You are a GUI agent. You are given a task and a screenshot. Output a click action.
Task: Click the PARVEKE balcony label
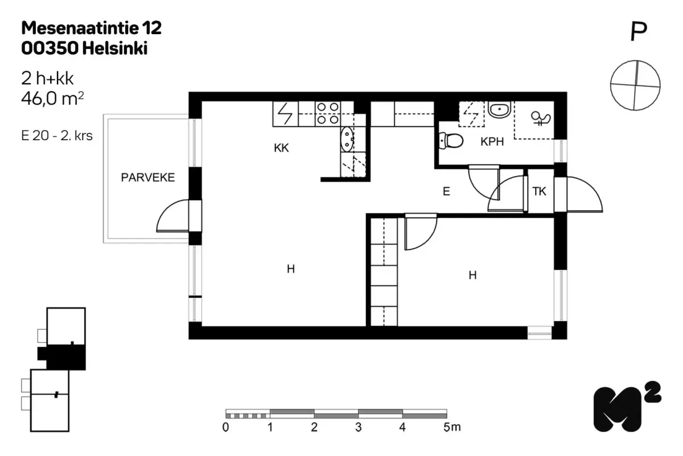pos(148,177)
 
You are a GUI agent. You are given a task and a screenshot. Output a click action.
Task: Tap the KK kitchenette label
pos(281,148)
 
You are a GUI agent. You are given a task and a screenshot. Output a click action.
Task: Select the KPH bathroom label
pos(492,142)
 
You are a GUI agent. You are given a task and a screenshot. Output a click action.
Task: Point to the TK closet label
pos(539,192)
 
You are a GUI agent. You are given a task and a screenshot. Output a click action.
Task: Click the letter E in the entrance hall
pos(446,192)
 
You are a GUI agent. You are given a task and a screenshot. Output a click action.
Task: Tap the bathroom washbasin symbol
pos(499,109)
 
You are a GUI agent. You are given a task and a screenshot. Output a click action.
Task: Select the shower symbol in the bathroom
pos(541,118)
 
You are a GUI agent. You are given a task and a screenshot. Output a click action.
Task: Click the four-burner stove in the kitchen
pos(328,113)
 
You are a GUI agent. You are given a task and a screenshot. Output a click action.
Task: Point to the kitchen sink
pos(347,140)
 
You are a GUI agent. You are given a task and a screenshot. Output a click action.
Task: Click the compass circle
pos(635,85)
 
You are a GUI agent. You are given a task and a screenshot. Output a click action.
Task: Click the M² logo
pos(627,407)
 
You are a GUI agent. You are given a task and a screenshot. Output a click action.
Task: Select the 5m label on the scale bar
pos(452,427)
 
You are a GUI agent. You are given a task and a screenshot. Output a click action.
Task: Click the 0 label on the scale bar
pos(225,427)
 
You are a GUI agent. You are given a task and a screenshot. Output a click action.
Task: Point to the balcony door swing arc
pos(168,211)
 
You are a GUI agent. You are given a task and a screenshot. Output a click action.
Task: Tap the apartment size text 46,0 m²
pos(52,99)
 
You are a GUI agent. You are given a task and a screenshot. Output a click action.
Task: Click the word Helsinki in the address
pos(115,48)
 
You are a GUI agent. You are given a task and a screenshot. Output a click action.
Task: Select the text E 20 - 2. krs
pos(57,136)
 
